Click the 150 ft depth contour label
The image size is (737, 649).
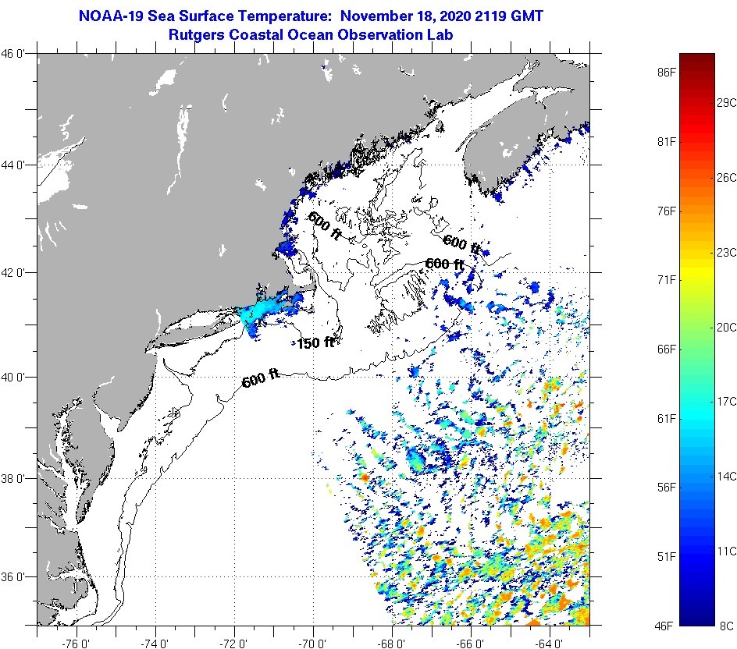(x=315, y=342)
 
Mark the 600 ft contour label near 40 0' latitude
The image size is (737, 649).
(x=260, y=380)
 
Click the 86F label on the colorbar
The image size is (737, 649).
(x=665, y=72)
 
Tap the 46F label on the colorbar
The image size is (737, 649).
(x=665, y=625)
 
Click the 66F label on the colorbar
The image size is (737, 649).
(x=665, y=349)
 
